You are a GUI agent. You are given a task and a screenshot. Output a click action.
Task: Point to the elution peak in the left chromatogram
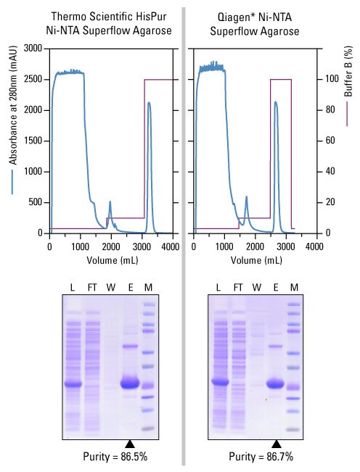149,103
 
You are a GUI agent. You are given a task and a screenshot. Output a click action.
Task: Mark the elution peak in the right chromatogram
275,102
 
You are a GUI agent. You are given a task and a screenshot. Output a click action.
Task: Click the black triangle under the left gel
129,444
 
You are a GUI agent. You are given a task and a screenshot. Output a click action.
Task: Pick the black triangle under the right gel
276,444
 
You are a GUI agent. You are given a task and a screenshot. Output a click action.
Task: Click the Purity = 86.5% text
110,457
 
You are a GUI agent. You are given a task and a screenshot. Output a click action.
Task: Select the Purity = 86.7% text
254,457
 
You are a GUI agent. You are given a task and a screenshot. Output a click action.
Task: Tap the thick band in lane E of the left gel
129,384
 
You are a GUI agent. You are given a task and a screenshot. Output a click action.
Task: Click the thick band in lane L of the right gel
220,381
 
